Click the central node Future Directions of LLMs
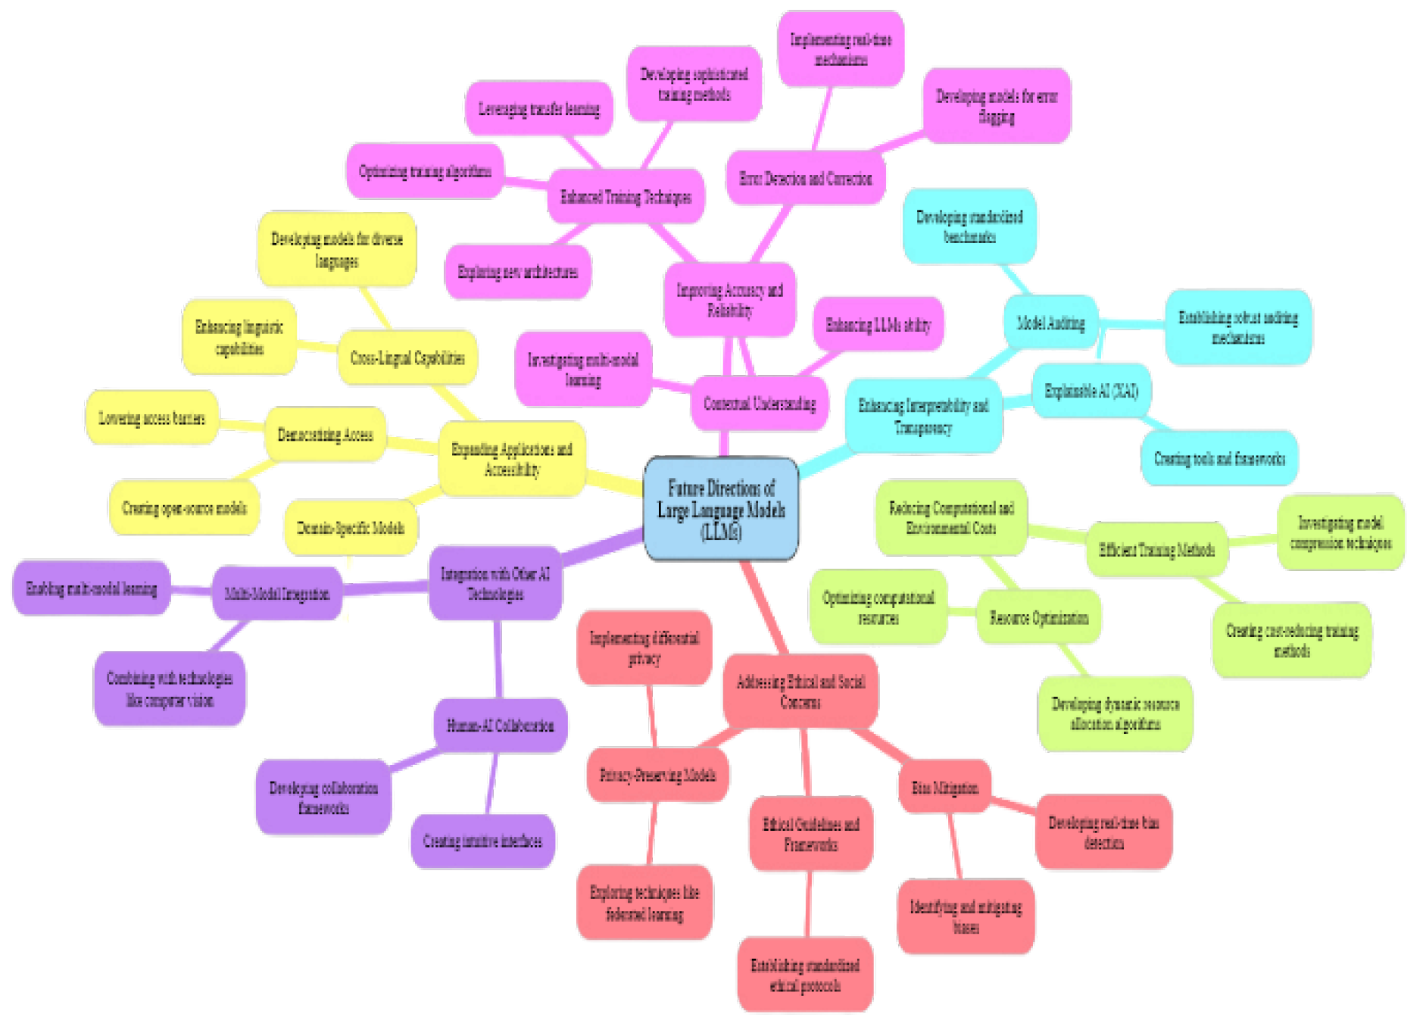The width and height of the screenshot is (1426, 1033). (720, 509)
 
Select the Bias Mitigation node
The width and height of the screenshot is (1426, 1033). (944, 787)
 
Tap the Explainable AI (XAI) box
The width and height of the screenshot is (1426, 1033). (1091, 391)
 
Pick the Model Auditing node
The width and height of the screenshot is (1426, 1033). (1050, 323)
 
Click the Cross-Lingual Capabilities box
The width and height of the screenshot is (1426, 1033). (407, 357)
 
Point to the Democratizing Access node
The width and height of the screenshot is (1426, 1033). (325, 435)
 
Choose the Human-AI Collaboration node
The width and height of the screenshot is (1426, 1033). (500, 726)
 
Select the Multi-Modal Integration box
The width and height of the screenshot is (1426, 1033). (276, 594)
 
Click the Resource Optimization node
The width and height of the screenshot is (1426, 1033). (1038, 617)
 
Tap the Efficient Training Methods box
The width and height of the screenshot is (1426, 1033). (1156, 550)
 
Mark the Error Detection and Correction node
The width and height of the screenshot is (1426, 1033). (805, 178)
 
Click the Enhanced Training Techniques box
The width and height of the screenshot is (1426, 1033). (626, 197)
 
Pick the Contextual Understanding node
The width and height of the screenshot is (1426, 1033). (760, 404)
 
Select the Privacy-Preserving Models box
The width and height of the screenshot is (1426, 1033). (657, 774)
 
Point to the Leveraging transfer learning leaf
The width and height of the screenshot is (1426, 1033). (538, 109)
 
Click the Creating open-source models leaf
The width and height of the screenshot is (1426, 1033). (184, 507)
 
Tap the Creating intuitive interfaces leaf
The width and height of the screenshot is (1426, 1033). (482, 841)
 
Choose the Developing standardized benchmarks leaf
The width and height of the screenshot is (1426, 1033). (969, 226)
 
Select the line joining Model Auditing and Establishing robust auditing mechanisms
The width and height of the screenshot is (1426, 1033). (1132, 324)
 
